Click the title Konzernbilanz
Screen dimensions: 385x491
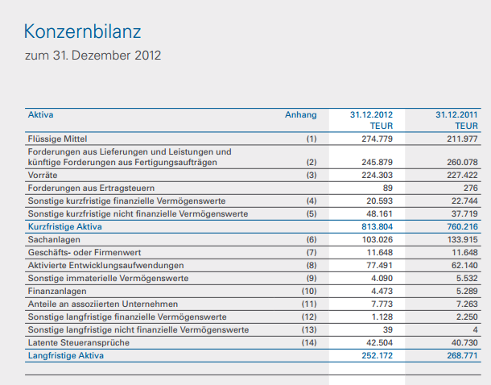82,31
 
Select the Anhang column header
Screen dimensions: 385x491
301,115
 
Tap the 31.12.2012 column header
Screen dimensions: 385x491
371,115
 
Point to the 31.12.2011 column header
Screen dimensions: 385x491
456,115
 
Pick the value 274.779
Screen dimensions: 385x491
375,139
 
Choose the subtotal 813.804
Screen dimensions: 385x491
375,227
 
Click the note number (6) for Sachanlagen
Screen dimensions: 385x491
312,240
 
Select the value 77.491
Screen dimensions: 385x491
378,266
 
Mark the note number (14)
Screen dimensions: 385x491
310,342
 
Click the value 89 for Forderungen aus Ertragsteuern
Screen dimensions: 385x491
387,188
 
